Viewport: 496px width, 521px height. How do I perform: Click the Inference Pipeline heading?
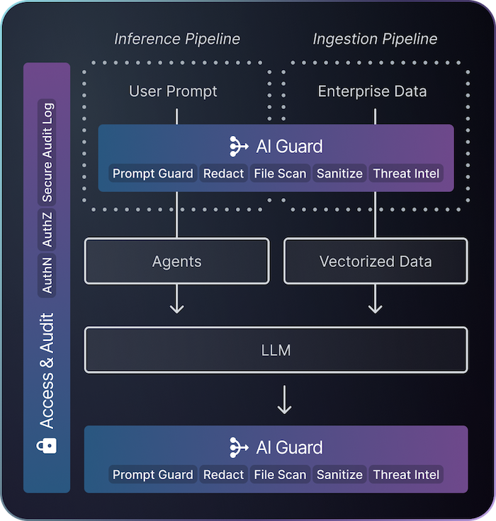pos(177,38)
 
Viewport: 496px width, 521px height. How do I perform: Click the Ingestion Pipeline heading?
pos(375,38)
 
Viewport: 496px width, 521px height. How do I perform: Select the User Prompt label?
pos(173,91)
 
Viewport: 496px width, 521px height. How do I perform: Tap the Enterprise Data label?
pos(372,91)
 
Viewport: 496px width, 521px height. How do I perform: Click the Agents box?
pos(176,261)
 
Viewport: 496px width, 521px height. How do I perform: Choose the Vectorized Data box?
pos(376,261)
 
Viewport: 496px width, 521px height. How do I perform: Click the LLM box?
pos(276,350)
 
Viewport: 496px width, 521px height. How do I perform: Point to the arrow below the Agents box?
pos(176,302)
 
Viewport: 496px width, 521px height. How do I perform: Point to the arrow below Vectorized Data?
pos(376,302)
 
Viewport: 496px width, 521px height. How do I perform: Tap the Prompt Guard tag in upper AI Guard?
pos(153,173)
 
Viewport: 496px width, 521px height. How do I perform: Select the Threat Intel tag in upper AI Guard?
pos(406,173)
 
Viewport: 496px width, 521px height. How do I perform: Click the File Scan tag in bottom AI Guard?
pos(280,475)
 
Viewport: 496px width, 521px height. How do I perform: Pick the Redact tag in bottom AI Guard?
pos(223,475)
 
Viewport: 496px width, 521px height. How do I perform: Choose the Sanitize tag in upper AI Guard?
pos(339,173)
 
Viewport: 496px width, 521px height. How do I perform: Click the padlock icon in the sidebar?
pos(47,445)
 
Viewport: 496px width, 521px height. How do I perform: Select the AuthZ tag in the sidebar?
pos(47,229)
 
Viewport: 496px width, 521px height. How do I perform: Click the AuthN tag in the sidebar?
pos(47,275)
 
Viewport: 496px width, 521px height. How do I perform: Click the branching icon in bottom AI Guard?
pos(239,447)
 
